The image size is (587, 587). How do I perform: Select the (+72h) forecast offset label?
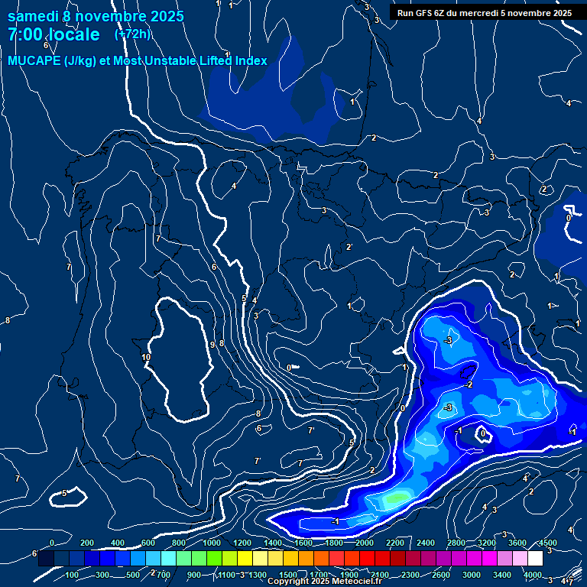(132, 34)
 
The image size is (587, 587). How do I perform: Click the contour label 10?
(146, 357)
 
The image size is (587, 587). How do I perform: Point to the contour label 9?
(212, 345)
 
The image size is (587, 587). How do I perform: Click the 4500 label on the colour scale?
(548, 543)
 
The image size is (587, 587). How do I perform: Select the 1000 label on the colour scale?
(212, 543)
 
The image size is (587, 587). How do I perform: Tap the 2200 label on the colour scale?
(395, 543)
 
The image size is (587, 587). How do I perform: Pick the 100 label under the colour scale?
(73, 575)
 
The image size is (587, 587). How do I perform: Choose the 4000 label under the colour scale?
(533, 575)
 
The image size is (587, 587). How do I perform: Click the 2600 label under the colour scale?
(441, 575)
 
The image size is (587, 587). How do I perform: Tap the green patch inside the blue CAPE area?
(395, 499)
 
